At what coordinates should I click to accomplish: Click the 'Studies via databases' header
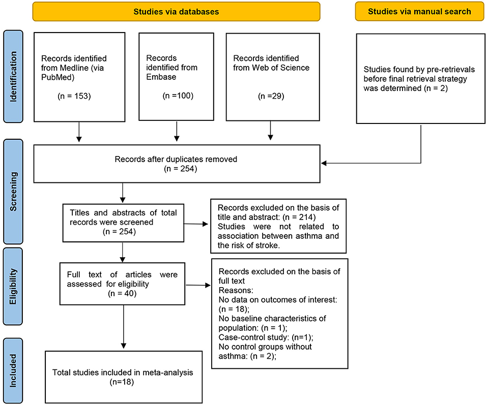(x=176, y=12)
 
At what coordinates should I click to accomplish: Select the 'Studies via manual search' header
(x=419, y=12)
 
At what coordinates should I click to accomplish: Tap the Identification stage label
(x=13, y=76)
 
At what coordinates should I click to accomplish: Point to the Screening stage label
(x=13, y=192)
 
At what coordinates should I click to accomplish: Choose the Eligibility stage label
(x=13, y=286)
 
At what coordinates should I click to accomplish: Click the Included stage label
(x=13, y=370)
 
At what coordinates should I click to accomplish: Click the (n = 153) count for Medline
(x=74, y=96)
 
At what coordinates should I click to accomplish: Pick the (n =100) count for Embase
(x=178, y=96)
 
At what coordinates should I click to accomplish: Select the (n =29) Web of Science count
(x=271, y=96)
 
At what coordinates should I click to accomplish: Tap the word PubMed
(x=57, y=77)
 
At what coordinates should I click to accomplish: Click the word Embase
(x=161, y=77)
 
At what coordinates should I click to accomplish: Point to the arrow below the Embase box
(x=177, y=131)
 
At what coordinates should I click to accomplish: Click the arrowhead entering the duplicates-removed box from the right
(x=324, y=163)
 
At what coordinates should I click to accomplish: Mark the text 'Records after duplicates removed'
(x=176, y=159)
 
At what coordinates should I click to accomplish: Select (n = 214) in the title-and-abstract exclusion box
(x=299, y=217)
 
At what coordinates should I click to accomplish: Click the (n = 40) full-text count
(x=122, y=293)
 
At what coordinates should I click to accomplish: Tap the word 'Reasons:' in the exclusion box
(x=236, y=290)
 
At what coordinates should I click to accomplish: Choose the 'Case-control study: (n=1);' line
(x=266, y=337)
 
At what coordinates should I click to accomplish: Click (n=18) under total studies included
(x=122, y=382)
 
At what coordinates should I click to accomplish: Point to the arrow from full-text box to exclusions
(x=198, y=285)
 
